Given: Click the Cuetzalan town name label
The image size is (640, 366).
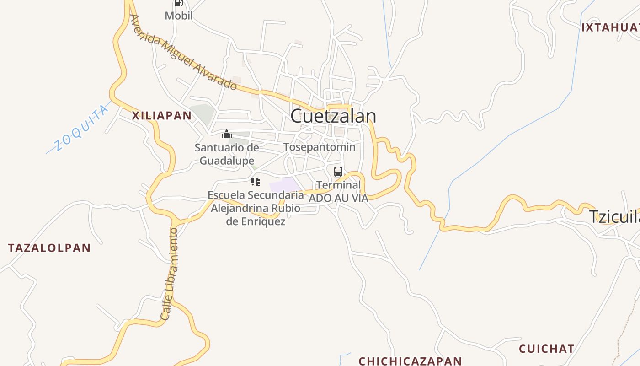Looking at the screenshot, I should [x=333, y=116].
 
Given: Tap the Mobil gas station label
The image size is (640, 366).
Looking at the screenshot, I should [x=179, y=16].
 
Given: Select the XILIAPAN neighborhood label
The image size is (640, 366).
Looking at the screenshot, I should [x=162, y=116].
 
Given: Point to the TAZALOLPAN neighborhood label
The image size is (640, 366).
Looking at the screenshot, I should [x=49, y=248].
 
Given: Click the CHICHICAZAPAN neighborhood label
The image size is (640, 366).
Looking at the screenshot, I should [x=410, y=361].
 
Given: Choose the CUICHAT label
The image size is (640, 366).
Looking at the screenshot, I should [x=546, y=349].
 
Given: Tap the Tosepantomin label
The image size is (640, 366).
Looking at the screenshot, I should [x=319, y=147].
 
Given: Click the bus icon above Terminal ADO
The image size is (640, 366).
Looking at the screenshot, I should [x=338, y=172].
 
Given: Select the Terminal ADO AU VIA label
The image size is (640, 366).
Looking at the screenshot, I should [x=338, y=192].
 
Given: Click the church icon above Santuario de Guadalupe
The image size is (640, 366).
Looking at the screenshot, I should [x=227, y=134].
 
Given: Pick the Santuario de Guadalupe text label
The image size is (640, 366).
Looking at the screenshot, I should [x=227, y=154].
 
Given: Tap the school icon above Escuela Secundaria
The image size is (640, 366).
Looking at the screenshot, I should [x=256, y=182].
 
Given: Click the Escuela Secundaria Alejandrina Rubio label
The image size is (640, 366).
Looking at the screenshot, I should [x=256, y=208].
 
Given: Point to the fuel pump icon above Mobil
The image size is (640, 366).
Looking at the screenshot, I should [x=178, y=3].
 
